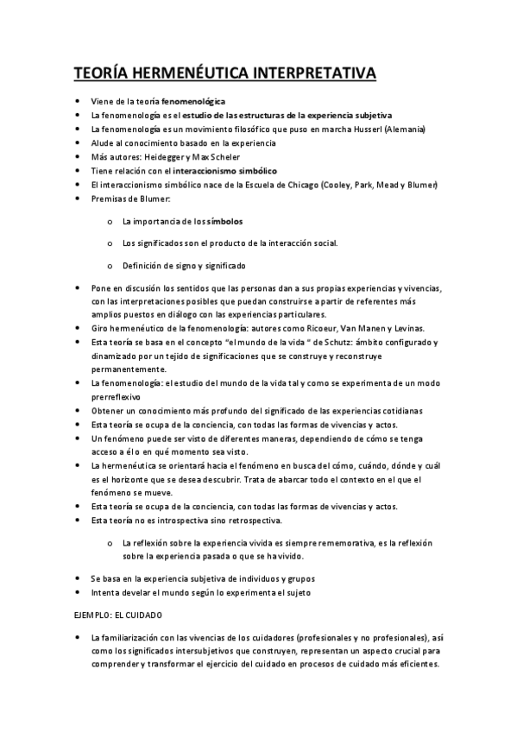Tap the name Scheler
point(224,157)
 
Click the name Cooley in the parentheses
point(337,185)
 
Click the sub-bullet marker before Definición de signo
point(110,266)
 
